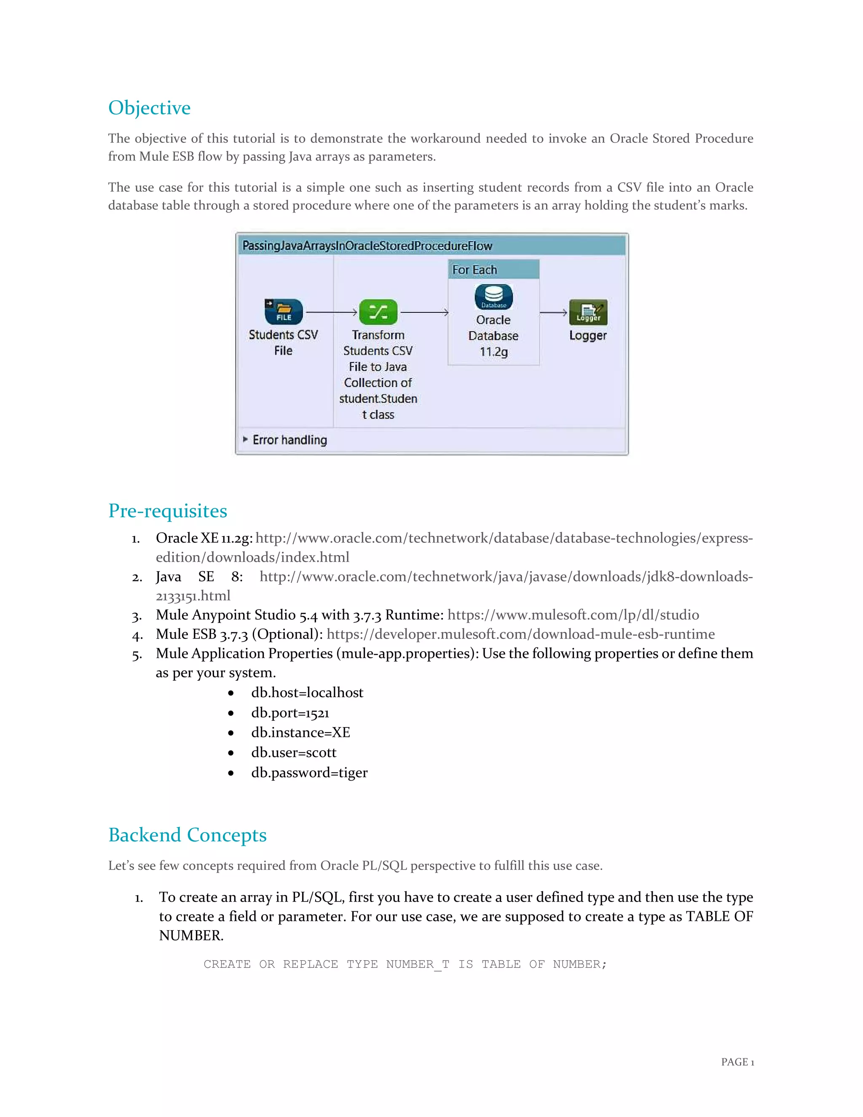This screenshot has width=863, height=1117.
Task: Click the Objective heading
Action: (x=149, y=108)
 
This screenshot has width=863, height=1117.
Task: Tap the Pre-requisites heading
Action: (x=168, y=511)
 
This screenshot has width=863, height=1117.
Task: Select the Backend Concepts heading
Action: (x=187, y=835)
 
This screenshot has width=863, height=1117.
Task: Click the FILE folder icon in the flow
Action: (x=284, y=311)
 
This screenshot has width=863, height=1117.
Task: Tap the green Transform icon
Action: (x=378, y=312)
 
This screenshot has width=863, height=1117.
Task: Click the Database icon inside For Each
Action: (x=493, y=297)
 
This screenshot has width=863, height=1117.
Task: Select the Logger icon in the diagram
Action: (x=588, y=312)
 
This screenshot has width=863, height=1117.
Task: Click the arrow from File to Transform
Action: (x=331, y=312)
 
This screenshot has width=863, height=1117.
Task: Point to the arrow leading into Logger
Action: (x=553, y=312)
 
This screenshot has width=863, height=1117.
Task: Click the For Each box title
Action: (x=474, y=269)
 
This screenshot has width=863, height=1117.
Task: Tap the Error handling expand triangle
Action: (x=245, y=439)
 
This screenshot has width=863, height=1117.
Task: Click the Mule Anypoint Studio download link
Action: (x=573, y=615)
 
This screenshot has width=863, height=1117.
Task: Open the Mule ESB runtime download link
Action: (x=520, y=634)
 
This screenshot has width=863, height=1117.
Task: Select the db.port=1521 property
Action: (x=290, y=713)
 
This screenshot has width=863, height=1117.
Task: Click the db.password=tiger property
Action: (x=309, y=773)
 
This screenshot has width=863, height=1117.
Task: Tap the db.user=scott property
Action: (x=293, y=753)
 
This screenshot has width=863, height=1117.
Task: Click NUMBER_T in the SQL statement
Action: (x=417, y=964)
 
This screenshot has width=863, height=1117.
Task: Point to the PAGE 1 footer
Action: (x=737, y=1062)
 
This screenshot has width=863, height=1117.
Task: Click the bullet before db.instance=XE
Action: (x=231, y=733)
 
